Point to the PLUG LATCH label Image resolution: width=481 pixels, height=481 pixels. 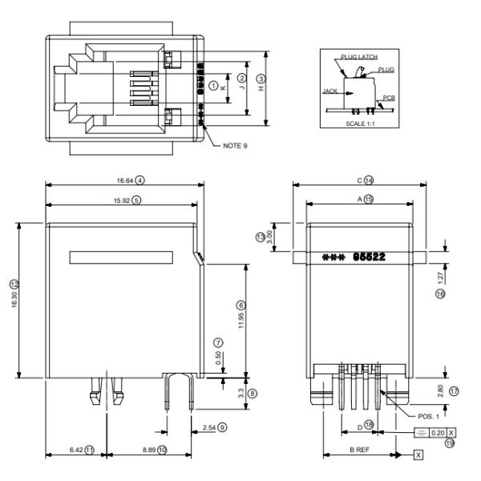click(x=358, y=57)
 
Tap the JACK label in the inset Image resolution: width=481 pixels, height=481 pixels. click(x=330, y=91)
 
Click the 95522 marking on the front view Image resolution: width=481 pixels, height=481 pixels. click(x=370, y=257)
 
